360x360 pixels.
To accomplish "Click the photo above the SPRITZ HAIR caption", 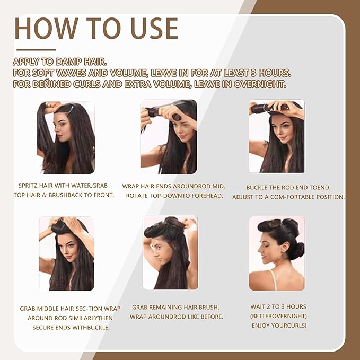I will click(x=66, y=137).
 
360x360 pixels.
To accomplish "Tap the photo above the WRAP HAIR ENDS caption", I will click(x=169, y=137).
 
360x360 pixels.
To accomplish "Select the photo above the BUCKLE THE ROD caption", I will click(x=277, y=136).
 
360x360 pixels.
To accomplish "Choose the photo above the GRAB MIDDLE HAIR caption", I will click(x=66, y=253).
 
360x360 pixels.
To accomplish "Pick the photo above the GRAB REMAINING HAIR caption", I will click(x=170, y=252).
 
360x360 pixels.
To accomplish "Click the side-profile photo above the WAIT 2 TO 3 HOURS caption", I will click(x=277, y=253).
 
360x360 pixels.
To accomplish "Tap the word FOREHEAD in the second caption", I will click(x=201, y=196).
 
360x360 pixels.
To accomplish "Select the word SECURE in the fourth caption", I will click(x=44, y=327).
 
